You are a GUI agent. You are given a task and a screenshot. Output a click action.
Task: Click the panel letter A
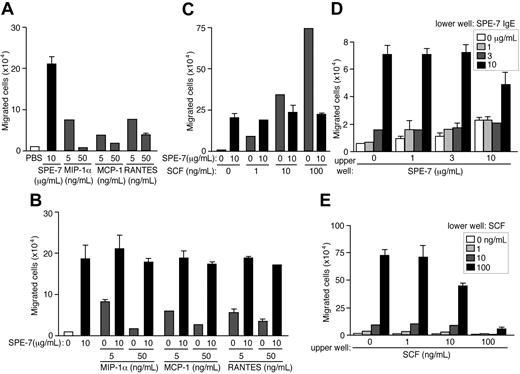coord(8,9)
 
